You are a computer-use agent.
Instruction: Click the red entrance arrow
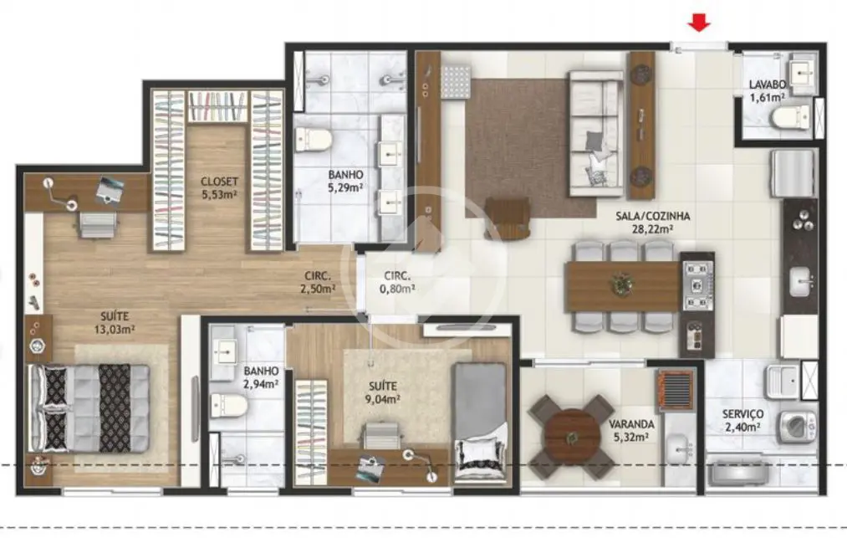pyautogui.click(x=699, y=23)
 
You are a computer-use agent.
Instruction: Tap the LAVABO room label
pyautogui.click(x=767, y=85)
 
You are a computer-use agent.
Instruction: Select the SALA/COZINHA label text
pyautogui.click(x=652, y=216)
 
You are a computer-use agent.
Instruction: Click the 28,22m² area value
pyautogui.click(x=652, y=228)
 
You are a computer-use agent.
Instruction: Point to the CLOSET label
pyautogui.click(x=219, y=182)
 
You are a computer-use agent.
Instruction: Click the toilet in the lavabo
pyautogui.click(x=791, y=117)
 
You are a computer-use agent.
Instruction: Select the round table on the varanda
pyautogui.click(x=572, y=437)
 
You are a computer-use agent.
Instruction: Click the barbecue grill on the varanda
pyautogui.click(x=676, y=391)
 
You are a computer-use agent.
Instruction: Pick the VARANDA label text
pyautogui.click(x=631, y=424)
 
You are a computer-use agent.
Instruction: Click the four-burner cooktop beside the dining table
pyautogui.click(x=698, y=284)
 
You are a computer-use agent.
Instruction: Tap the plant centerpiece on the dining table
pyautogui.click(x=622, y=284)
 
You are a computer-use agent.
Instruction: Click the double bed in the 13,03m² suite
pyautogui.click(x=89, y=407)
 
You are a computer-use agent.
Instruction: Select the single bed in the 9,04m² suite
pyautogui.click(x=480, y=423)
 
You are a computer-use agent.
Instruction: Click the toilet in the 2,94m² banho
pyautogui.click(x=228, y=406)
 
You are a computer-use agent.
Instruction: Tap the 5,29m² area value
pyautogui.click(x=345, y=188)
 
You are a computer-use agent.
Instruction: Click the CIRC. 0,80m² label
pyautogui.click(x=397, y=282)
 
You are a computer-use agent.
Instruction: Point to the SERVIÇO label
pyautogui.click(x=742, y=414)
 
